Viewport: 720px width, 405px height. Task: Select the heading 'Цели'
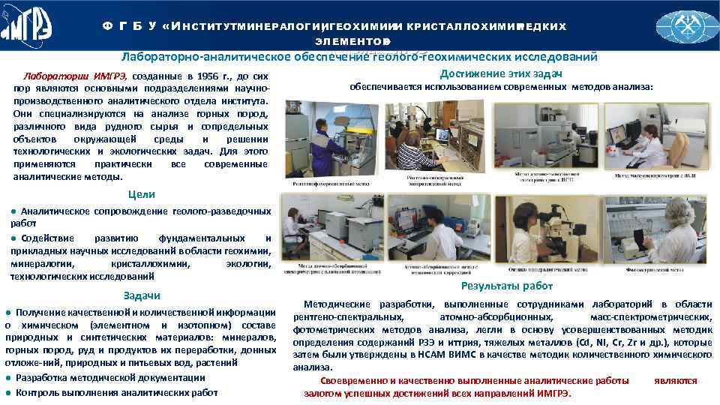point(142,194)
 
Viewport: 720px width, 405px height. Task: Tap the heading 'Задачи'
point(141,295)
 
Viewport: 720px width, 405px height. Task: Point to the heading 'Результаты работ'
point(507,286)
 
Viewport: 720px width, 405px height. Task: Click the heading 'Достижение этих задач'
point(501,72)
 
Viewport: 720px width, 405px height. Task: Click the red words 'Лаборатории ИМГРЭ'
point(75,76)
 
